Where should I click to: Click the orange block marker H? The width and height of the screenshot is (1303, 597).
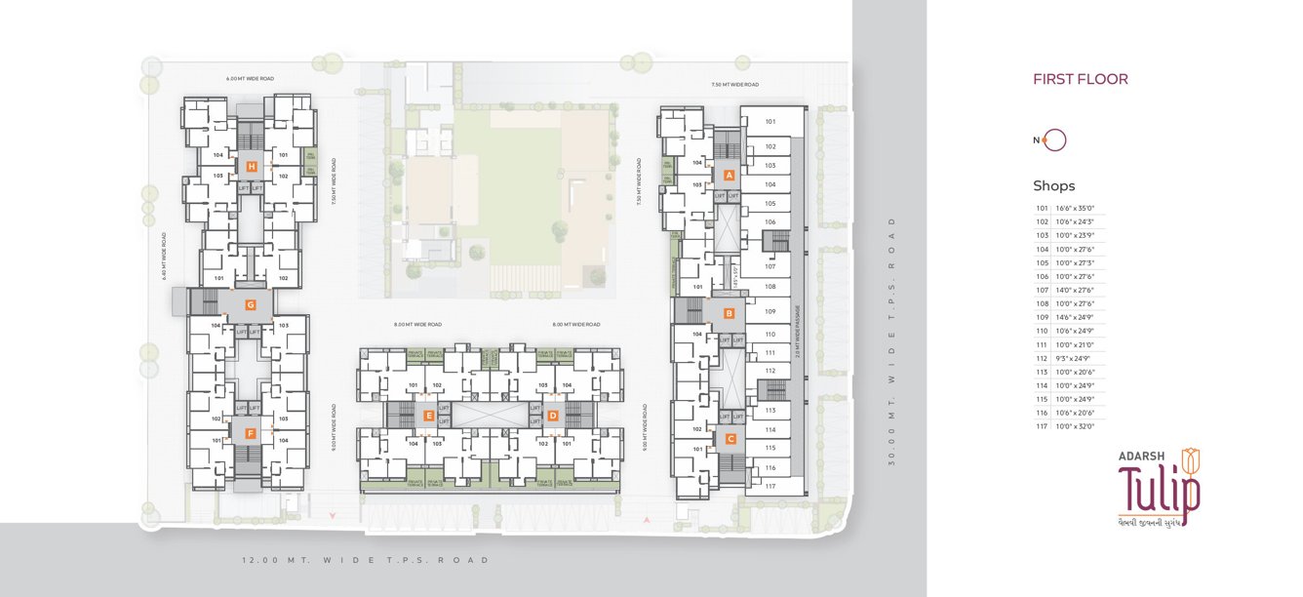(252, 167)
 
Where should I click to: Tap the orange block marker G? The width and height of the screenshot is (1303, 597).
(251, 304)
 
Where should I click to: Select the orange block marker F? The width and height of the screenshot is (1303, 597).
(251, 432)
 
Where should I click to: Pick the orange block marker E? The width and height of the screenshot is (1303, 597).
(429, 416)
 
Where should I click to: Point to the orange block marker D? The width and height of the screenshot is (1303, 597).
(553, 416)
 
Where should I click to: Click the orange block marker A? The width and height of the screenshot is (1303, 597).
(729, 175)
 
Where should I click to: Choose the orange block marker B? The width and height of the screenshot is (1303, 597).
(729, 313)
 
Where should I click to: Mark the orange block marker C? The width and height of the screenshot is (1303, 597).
(730, 439)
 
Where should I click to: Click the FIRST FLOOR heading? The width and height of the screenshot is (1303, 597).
(1081, 80)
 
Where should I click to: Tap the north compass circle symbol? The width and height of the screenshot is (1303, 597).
(1055, 140)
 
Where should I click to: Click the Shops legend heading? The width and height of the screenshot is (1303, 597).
(1054, 186)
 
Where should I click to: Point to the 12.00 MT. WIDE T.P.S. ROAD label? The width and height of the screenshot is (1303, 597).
(366, 561)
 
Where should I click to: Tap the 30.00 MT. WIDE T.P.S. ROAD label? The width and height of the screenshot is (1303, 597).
(891, 340)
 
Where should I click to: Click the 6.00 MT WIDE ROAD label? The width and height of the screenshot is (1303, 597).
(250, 77)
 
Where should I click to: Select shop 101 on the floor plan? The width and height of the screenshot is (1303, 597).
(770, 122)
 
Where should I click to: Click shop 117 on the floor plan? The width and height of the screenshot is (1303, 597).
(770, 486)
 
